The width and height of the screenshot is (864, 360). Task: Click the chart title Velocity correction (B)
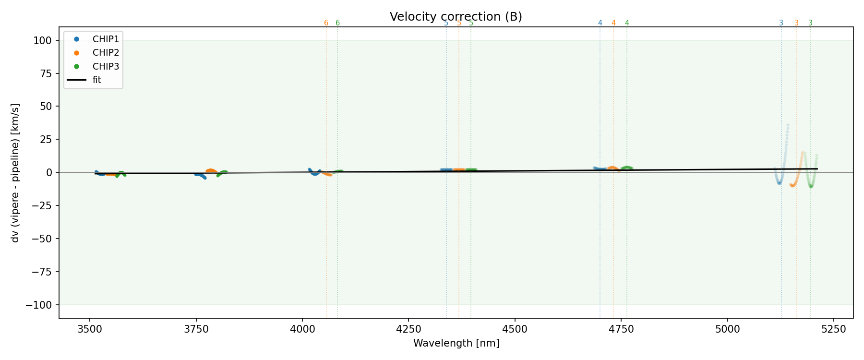click(x=456, y=17)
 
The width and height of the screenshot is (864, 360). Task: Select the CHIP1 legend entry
click(x=106, y=39)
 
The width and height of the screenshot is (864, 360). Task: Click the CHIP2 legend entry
click(x=106, y=53)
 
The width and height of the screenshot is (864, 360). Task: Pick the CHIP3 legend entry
click(x=106, y=66)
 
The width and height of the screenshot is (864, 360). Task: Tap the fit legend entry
click(x=96, y=80)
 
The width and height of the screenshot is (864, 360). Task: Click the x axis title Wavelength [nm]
click(x=456, y=343)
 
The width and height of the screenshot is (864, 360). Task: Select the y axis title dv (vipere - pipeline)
click(x=15, y=172)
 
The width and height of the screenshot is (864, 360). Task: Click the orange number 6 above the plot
click(x=326, y=23)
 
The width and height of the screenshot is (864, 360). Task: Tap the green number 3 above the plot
click(x=810, y=23)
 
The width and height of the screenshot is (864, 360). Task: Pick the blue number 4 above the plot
click(x=600, y=23)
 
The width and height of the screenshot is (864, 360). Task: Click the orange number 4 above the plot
click(x=613, y=23)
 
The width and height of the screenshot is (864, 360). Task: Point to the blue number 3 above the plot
click(x=781, y=23)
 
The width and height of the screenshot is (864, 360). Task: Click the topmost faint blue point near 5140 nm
click(x=788, y=125)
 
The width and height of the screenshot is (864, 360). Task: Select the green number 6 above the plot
click(x=337, y=23)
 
